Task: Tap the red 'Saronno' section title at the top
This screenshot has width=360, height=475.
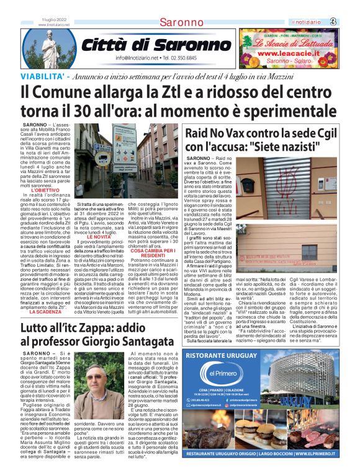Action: click(179, 22)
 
